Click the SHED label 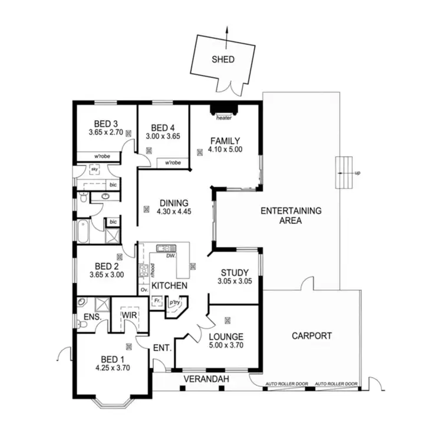(x=223, y=60)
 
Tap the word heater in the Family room (x=224, y=118)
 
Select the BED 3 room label (x=106, y=124)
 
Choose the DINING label (x=173, y=203)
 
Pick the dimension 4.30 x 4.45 (x=173, y=212)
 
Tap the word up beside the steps (x=357, y=173)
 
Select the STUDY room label (x=235, y=272)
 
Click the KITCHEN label (x=170, y=286)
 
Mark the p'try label (x=174, y=303)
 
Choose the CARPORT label (x=312, y=336)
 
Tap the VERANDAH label (x=206, y=378)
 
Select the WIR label (x=130, y=315)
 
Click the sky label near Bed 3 (x=93, y=169)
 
